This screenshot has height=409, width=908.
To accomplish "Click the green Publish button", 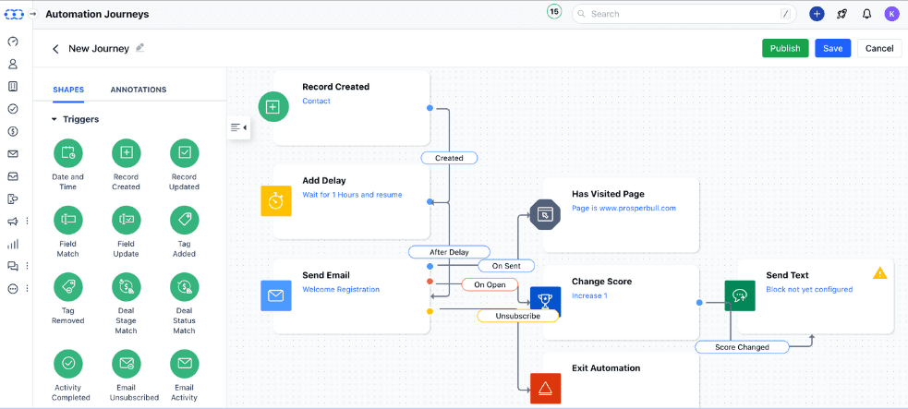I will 785,48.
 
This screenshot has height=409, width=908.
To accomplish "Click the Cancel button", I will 879,48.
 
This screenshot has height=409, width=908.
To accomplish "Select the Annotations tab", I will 139,90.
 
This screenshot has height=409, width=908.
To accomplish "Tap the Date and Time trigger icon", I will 67,152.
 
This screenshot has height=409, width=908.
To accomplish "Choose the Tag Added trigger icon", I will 184,220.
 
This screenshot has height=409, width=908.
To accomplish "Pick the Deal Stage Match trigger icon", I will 126,287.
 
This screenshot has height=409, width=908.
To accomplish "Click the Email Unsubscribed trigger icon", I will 126,363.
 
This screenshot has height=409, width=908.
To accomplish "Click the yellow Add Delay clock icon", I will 275,200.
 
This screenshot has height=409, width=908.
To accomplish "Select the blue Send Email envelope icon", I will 275,295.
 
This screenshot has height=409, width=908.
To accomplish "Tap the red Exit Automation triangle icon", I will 545,388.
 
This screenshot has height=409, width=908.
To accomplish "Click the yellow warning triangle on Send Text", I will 880,273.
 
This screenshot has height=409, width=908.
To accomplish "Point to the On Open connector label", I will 490,284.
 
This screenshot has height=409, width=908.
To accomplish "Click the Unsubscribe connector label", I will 518,315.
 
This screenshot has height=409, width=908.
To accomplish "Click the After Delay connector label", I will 449,251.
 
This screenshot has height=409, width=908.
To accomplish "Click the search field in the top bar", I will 684,14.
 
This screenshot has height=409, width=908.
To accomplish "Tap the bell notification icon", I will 866,14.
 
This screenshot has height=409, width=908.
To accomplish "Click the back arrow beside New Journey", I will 55,49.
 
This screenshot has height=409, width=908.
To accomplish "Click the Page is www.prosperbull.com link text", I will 623,209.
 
